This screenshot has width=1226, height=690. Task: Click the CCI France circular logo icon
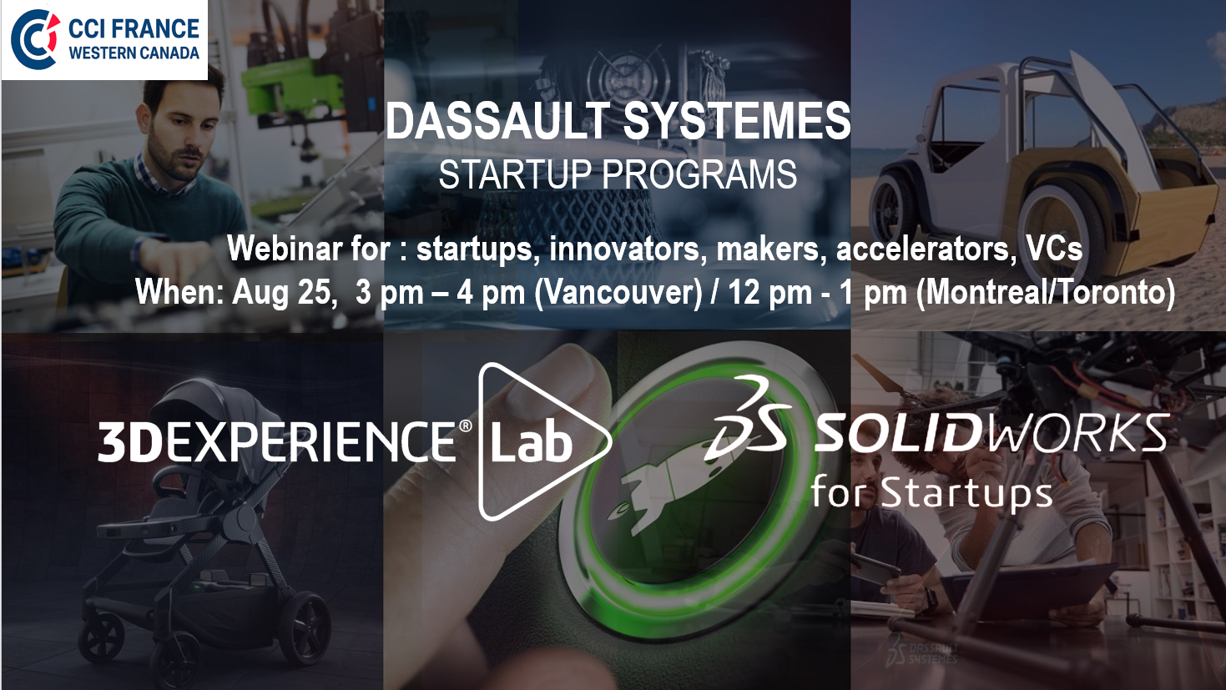(x=35, y=39)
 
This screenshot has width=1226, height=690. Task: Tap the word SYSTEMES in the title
(x=737, y=121)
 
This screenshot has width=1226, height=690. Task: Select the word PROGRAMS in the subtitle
(x=699, y=174)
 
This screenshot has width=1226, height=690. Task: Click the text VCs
(x=1054, y=248)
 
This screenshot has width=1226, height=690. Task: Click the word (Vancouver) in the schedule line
(x=618, y=293)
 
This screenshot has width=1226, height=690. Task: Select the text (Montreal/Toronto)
(x=1046, y=293)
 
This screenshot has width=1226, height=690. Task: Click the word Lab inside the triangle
(x=531, y=442)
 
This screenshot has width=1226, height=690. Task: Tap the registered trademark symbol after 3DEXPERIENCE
(x=465, y=426)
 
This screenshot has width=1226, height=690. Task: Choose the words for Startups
(x=931, y=492)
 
